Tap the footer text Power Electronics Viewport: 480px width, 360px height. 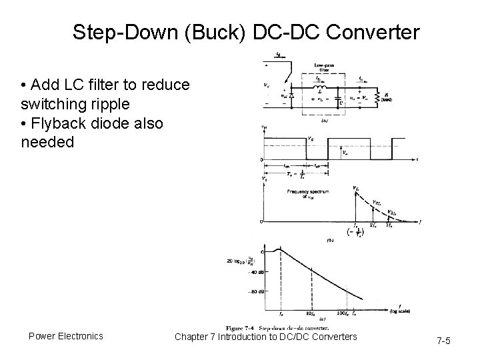coord(66,336)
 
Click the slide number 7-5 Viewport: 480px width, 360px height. coord(443,341)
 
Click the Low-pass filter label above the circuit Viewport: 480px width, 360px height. coord(324,67)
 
